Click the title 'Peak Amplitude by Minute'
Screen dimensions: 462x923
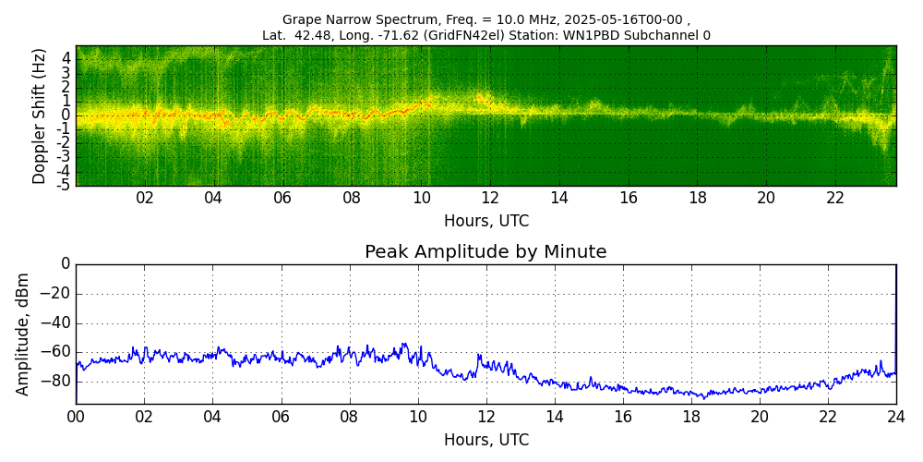(485, 252)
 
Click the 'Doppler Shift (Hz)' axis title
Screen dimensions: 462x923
(40, 115)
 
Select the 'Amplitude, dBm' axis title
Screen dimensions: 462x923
(23, 334)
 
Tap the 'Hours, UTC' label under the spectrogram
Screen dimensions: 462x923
(485, 222)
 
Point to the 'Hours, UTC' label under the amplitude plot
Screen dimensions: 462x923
(485, 440)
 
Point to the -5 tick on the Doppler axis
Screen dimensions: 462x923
(64, 185)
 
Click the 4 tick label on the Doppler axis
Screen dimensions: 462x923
(66, 57)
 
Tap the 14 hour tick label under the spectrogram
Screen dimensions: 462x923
(559, 198)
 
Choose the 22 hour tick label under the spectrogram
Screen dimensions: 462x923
(835, 198)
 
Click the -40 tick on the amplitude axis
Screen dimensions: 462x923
(57, 323)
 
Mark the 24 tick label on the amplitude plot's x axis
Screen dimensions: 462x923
(896, 417)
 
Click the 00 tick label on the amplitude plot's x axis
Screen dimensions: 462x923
(76, 417)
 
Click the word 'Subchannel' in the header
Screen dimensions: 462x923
(666, 36)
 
